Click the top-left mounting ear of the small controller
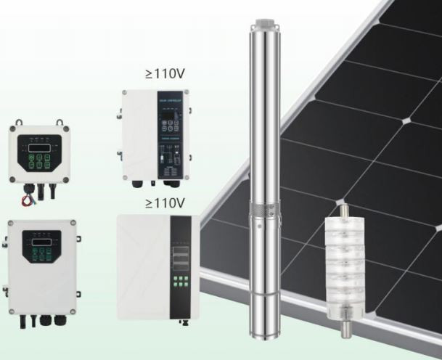tap(12, 128)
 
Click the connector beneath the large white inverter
tap(184, 322)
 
